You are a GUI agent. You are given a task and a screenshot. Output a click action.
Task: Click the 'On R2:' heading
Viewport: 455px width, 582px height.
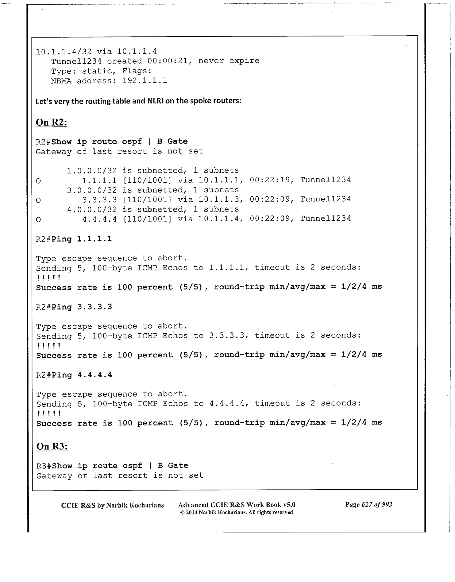click(x=51, y=122)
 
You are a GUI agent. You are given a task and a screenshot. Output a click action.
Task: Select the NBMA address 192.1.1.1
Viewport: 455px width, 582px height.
click(x=145, y=81)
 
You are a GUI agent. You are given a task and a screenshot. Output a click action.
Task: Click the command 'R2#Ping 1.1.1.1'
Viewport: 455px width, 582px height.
click(x=74, y=239)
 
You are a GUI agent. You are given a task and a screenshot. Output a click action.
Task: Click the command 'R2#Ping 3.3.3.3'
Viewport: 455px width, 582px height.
click(x=74, y=307)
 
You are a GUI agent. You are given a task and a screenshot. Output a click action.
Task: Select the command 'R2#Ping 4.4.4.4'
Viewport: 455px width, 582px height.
click(x=74, y=375)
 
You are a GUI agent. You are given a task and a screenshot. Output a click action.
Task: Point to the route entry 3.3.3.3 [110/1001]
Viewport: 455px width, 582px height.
click(x=126, y=200)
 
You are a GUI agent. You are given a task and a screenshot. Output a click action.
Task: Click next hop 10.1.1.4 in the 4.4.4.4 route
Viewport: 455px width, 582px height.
click(x=218, y=219)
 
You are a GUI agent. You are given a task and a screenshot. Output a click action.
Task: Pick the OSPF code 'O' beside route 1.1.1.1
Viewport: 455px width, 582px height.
click(x=38, y=181)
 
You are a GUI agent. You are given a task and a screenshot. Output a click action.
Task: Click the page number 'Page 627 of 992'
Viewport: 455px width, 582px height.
click(x=368, y=505)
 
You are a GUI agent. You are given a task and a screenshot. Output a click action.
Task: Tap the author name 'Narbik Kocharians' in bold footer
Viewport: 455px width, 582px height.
click(x=135, y=505)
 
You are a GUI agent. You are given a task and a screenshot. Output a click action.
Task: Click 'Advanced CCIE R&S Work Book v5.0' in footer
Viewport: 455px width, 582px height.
click(x=237, y=505)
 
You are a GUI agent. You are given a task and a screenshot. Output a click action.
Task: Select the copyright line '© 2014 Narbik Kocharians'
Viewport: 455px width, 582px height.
click(x=236, y=512)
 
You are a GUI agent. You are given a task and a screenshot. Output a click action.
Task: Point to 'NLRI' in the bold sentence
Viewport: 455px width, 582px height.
click(x=156, y=101)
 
